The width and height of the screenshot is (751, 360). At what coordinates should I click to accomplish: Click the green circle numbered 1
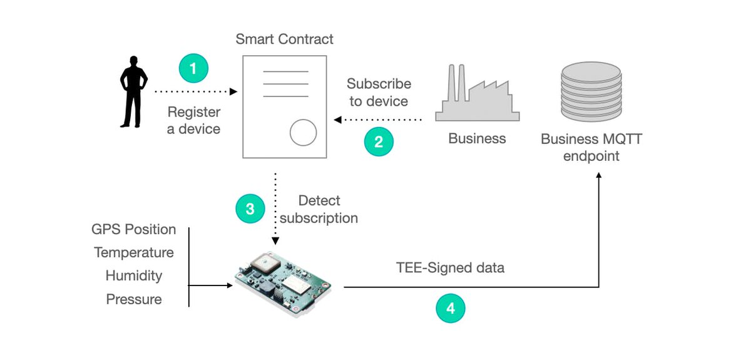(x=193, y=68)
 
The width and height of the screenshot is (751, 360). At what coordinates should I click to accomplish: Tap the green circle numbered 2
(x=379, y=141)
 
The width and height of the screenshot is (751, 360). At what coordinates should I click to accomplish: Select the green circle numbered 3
(x=250, y=209)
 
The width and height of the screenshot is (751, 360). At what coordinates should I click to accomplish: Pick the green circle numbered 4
(x=450, y=308)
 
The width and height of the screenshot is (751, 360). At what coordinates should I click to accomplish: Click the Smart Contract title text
(x=284, y=39)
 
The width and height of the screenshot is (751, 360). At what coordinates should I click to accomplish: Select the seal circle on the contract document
(x=303, y=132)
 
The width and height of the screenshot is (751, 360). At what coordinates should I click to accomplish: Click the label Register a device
(x=194, y=121)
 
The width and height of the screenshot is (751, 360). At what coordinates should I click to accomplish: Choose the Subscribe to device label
(x=379, y=93)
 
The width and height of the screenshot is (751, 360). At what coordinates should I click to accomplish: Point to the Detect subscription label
(x=319, y=210)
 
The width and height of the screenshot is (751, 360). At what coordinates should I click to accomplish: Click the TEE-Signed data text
(x=450, y=268)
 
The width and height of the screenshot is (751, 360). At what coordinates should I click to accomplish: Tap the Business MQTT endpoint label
(x=591, y=147)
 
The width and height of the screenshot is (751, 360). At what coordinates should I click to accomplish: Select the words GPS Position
(x=134, y=230)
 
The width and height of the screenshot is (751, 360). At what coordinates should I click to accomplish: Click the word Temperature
(x=134, y=253)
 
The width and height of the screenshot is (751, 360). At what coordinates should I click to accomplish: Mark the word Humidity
(x=134, y=276)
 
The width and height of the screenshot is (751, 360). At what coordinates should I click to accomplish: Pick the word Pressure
(x=134, y=299)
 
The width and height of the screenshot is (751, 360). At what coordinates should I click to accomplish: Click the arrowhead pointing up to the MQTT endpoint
(x=599, y=178)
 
